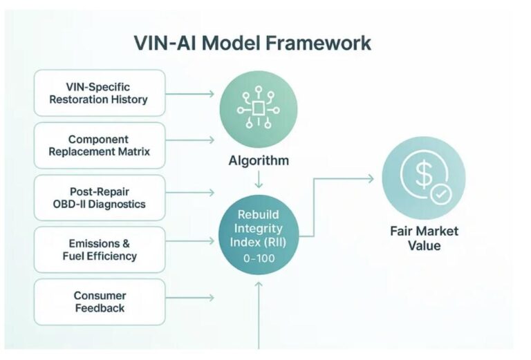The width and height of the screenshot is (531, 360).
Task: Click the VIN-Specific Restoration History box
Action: (100, 93)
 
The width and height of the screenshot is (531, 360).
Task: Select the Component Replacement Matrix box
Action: (100, 146)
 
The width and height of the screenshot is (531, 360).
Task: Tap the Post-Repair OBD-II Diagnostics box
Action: (100, 198)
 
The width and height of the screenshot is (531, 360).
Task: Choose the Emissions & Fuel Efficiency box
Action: (100, 249)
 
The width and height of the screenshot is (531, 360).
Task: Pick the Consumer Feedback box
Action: (100, 302)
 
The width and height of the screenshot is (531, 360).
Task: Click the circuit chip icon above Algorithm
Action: (259, 107)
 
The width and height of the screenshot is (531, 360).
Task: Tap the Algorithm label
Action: (259, 160)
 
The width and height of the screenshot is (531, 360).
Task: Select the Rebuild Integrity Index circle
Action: (259, 235)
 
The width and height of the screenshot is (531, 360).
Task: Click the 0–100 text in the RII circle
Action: (259, 258)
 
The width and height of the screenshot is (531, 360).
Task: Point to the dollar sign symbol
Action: (424, 175)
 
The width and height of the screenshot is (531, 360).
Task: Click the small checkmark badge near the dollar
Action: (441, 194)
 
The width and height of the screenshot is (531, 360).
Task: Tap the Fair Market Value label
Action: (424, 238)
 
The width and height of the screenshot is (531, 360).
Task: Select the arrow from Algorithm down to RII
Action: (259, 180)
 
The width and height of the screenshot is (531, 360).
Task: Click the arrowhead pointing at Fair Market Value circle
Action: (371, 179)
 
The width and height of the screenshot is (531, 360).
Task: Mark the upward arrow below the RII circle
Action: (259, 315)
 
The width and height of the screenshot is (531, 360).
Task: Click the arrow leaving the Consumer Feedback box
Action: (190, 298)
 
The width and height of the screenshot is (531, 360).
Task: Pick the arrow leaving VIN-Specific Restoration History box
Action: (190, 94)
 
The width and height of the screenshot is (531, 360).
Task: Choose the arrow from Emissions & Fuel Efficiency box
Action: (190, 241)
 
